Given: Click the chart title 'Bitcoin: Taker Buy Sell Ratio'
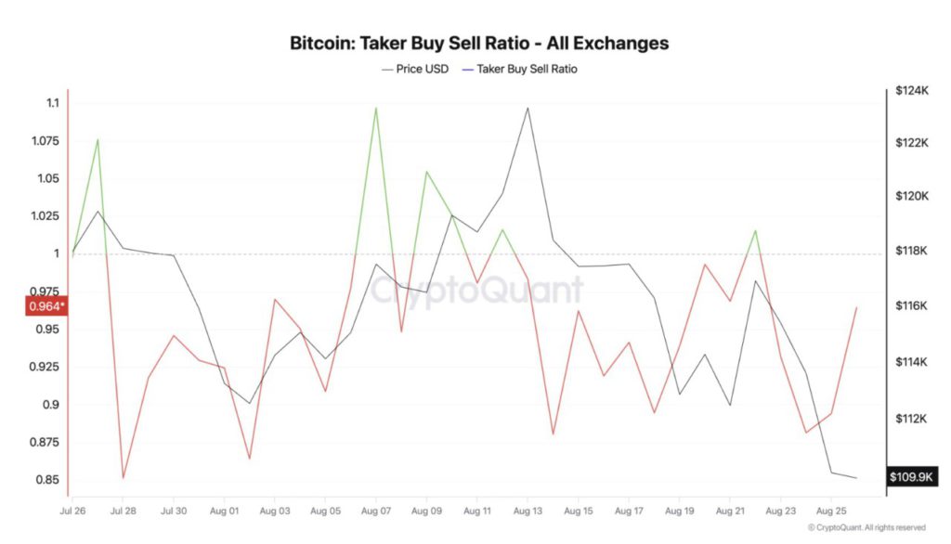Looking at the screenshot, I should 479,43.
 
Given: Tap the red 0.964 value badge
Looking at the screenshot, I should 46,306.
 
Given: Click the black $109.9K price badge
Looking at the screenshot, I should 911,477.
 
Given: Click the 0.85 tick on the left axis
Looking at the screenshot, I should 48,480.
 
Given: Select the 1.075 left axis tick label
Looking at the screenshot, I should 43,141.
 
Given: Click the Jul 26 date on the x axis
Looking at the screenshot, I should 72,511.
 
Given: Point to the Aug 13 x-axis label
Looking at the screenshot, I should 528,511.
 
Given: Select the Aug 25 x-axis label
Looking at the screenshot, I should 830,511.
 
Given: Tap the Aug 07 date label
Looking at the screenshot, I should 375,511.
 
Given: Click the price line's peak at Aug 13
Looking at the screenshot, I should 528,108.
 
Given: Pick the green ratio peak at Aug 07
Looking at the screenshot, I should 375,108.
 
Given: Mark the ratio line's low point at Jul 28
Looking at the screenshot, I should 124,478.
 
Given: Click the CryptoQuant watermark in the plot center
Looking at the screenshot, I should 477,290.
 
